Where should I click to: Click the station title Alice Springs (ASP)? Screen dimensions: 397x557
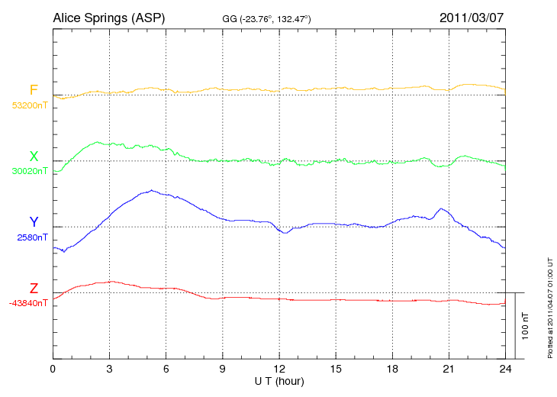pos(108,17)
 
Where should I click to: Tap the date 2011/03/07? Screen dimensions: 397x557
pos(472,17)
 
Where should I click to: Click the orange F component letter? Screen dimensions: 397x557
pos(33,91)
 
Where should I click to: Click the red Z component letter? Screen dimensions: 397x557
pos(33,289)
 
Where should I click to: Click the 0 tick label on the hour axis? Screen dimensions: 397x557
pos(53,369)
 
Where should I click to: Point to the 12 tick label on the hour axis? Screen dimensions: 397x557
pos(279,369)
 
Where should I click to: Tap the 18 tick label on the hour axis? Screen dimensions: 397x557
pos(392,369)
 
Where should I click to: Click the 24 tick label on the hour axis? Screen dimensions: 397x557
pos(505,369)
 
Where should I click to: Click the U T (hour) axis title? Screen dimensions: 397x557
pos(279,380)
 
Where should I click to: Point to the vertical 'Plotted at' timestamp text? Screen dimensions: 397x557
pos(549,305)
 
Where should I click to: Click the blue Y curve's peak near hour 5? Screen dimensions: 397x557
pos(153,190)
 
